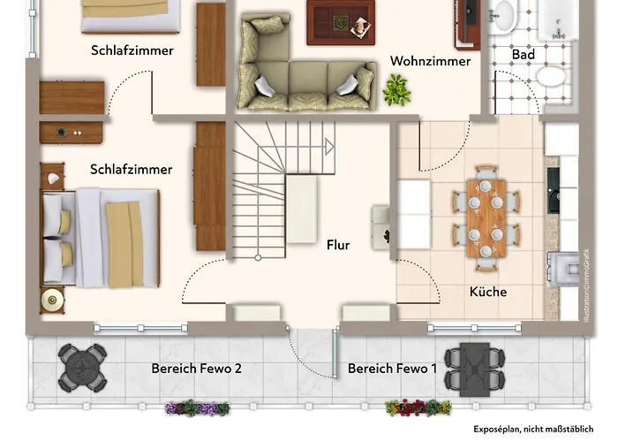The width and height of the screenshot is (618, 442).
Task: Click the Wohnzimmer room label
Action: coord(431,61)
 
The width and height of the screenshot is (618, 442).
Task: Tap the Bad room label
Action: coord(524,54)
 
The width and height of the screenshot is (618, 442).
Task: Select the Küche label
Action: coord(488,291)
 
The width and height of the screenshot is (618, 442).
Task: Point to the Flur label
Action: coord(338,245)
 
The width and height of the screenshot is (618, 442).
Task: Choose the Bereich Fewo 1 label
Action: coord(392,368)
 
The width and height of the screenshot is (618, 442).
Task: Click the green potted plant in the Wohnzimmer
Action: coord(396,89)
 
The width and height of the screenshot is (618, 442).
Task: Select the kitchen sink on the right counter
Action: coord(554,190)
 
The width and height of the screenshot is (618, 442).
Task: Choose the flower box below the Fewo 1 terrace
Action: coord(417,408)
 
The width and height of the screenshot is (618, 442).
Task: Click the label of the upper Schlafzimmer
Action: coord(132,50)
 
